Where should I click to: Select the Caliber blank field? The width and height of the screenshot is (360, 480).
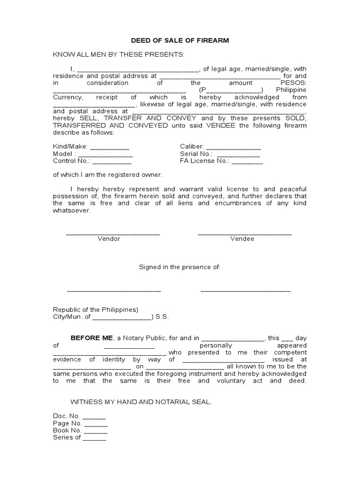click(233, 147)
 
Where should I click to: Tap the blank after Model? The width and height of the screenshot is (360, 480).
click(105, 154)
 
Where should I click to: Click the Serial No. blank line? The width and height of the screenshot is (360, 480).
click(238, 154)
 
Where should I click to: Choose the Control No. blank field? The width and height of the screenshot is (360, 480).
click(112, 162)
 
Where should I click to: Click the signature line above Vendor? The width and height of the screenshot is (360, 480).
click(113, 233)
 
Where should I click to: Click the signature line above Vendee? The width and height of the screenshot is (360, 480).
click(244, 233)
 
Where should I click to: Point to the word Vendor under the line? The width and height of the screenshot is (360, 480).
click(109, 239)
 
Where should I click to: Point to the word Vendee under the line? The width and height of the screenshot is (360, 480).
click(242, 239)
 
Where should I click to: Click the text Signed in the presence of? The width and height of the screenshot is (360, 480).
click(180, 267)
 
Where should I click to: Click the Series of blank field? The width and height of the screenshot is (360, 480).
click(94, 438)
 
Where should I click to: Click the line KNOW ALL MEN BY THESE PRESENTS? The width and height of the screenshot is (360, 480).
click(119, 55)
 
